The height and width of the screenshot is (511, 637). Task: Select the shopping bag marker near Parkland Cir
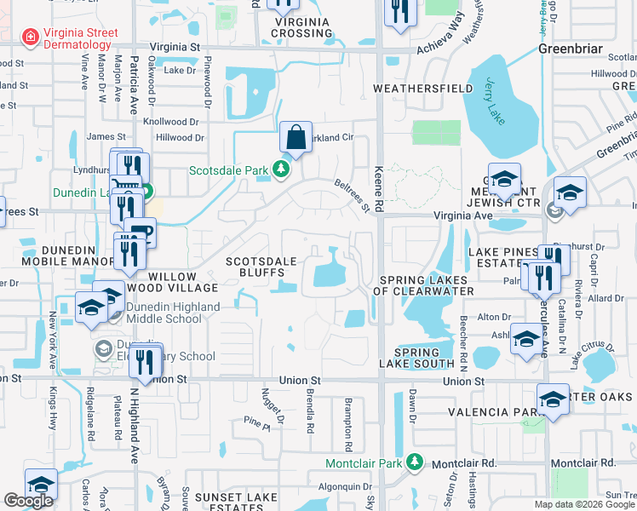click(x=295, y=137)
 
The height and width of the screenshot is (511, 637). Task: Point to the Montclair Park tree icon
click(x=416, y=462)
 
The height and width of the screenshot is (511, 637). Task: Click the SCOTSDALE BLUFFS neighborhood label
click(x=261, y=267)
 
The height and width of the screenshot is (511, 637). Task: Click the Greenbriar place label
click(x=565, y=49)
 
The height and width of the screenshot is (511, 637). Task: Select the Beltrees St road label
click(x=351, y=195)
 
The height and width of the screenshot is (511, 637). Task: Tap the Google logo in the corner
click(x=29, y=501)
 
